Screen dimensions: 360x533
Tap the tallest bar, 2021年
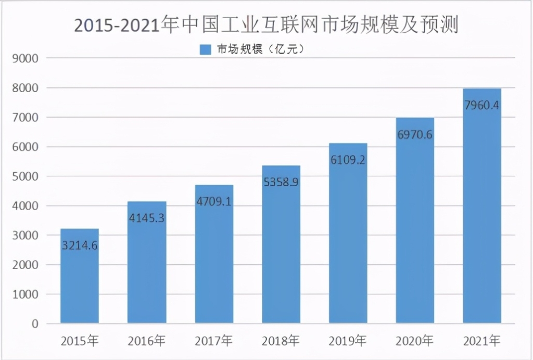tap(481, 218)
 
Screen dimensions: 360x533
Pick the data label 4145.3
tap(146, 218)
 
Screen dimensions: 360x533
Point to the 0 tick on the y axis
tap(35, 324)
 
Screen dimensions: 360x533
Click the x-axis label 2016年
tap(146, 342)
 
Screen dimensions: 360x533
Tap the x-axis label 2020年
tap(414, 342)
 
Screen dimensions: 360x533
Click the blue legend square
tap(205, 50)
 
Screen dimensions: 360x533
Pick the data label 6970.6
tap(414, 135)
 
